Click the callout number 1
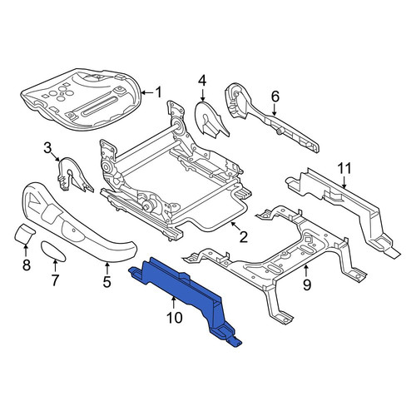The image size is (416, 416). point(158,92)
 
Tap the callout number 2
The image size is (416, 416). point(244,237)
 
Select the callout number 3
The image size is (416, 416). point(47,148)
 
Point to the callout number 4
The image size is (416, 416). point(202,81)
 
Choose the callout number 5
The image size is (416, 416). point(107,282)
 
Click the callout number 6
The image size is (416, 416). point(275,97)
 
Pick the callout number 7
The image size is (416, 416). point(55,280)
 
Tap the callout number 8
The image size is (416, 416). point(26,265)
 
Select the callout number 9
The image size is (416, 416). point(307,285)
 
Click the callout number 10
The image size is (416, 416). point(175,318)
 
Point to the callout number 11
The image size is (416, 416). point(344,168)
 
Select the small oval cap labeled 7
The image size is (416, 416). point(53,251)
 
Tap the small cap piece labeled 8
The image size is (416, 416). point(24,234)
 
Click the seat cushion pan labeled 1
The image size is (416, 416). point(81,97)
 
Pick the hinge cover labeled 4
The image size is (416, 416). point(211,120)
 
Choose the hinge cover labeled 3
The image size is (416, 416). point(74,175)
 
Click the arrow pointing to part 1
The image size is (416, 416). point(147,92)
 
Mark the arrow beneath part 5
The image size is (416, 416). point(107,268)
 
